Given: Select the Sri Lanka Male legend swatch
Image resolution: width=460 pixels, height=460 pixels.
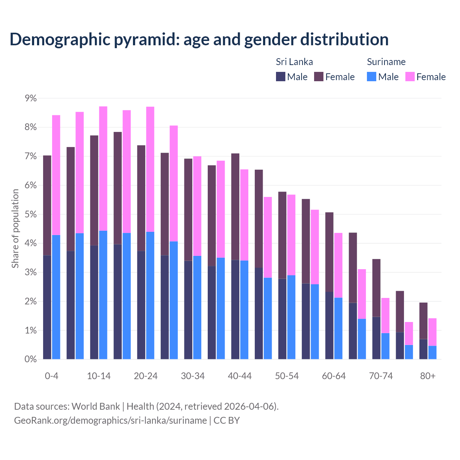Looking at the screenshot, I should [x=281, y=77].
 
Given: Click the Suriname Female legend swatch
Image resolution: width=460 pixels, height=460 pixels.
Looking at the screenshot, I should [x=410, y=77].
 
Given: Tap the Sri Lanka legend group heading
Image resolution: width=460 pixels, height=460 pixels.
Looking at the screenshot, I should [x=294, y=62].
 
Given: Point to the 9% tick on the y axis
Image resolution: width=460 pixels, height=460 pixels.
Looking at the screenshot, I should [x=31, y=98].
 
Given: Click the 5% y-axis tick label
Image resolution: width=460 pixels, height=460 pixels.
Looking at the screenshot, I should [x=31, y=215].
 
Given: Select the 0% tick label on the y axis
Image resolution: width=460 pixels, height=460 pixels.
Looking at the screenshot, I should [x=31, y=359].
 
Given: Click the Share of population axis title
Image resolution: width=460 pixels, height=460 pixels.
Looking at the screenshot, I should [x=15, y=229].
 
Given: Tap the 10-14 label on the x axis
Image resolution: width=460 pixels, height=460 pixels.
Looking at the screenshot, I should [x=99, y=376].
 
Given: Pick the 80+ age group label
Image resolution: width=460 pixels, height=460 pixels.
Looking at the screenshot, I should [x=428, y=376].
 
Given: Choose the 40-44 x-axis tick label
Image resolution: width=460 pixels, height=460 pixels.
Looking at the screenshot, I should [x=240, y=376].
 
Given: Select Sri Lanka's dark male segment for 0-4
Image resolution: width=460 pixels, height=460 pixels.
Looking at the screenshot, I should [x=47, y=307].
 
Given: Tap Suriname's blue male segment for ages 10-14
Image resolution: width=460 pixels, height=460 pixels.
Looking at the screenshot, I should [x=103, y=295].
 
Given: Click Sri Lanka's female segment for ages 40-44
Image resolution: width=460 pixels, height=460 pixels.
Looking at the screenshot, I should [x=235, y=207].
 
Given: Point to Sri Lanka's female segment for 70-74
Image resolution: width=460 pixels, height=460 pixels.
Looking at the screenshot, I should [x=376, y=288].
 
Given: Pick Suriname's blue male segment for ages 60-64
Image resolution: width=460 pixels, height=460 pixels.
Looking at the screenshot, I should [x=338, y=328].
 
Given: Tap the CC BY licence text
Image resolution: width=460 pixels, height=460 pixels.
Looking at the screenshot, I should [x=226, y=420].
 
